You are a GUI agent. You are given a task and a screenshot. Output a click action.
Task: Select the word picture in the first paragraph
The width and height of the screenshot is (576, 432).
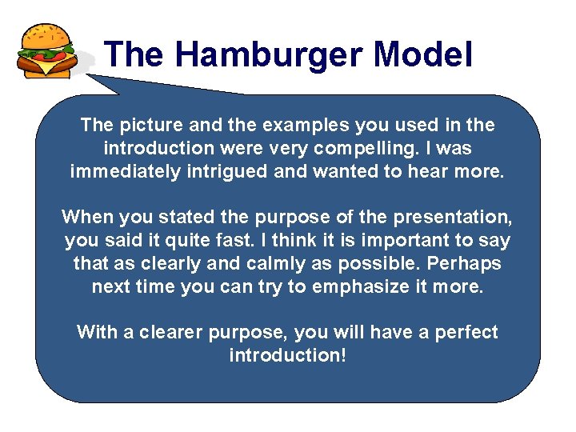(x=146, y=126)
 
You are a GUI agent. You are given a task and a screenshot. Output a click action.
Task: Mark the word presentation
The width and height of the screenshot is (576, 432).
(x=450, y=217)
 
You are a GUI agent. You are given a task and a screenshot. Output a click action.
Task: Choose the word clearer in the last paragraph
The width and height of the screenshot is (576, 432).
(x=174, y=332)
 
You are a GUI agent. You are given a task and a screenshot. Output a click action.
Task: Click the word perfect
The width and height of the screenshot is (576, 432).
(x=466, y=332)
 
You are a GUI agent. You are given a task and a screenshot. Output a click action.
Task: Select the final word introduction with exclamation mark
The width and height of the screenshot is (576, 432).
(x=288, y=355)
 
